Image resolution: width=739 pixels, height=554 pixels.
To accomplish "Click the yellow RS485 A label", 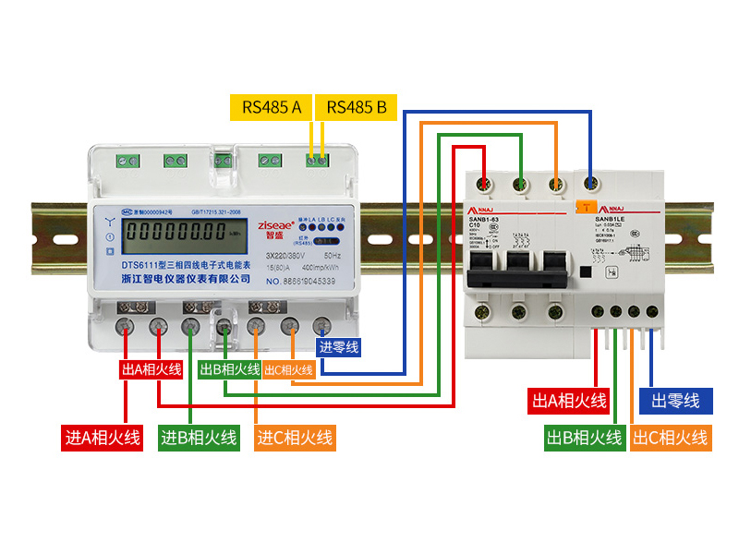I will pyautogui.click(x=272, y=107).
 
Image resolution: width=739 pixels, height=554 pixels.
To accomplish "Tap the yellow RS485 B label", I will pyautogui.click(x=357, y=107).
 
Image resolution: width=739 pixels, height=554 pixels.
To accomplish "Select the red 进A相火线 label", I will pyautogui.click(x=103, y=437).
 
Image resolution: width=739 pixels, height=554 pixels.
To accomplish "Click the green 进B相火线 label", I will pyautogui.click(x=199, y=437).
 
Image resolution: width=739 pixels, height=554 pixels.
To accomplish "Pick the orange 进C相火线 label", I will pyautogui.click(x=295, y=437).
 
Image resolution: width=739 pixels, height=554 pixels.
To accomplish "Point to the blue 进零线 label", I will pyautogui.click(x=339, y=348).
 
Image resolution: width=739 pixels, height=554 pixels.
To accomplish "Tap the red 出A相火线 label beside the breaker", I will pyautogui.click(x=569, y=401).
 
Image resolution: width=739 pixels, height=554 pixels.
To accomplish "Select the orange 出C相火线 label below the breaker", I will pyautogui.click(x=671, y=438).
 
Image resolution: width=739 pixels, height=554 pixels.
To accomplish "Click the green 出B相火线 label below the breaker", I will pyautogui.click(x=584, y=438).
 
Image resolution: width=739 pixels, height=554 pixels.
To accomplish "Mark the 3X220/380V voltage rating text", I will pyautogui.click(x=287, y=253).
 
